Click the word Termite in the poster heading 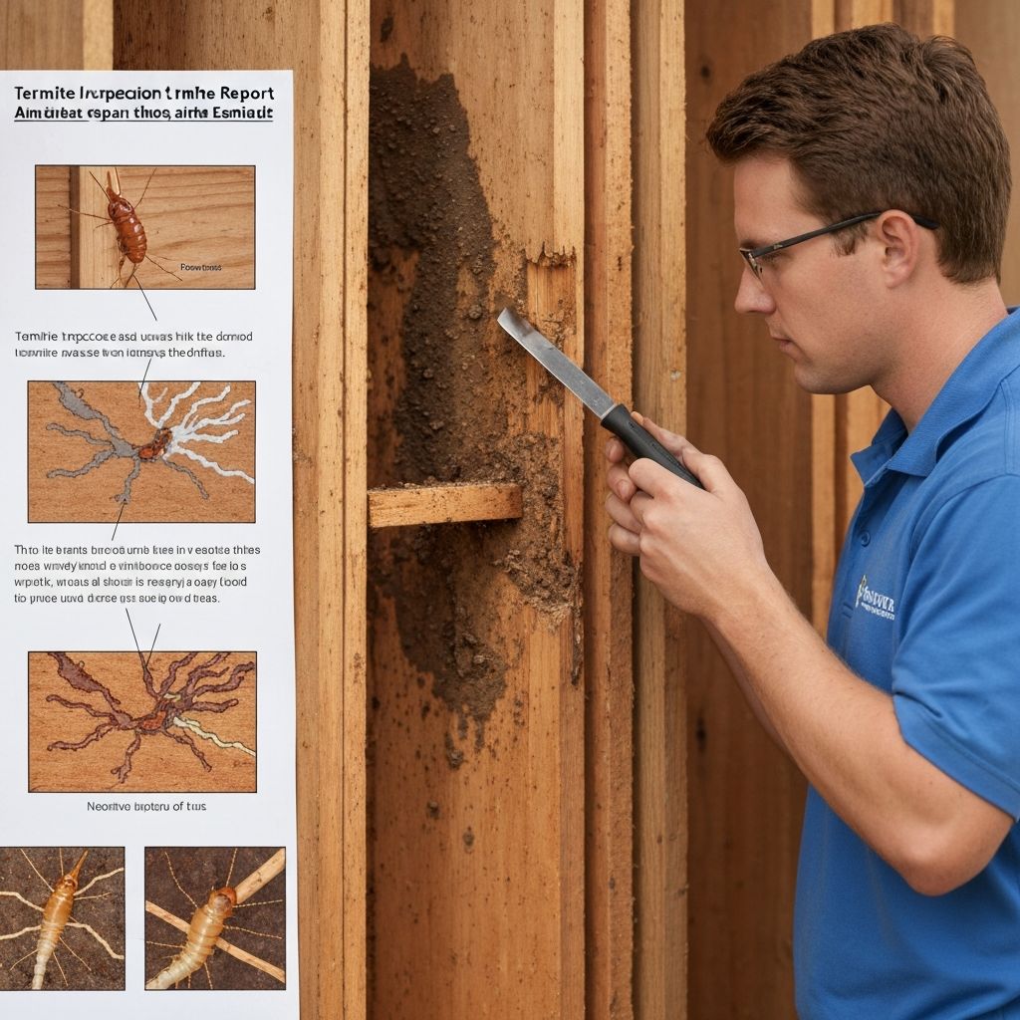point(46,92)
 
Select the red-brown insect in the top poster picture point(126,225)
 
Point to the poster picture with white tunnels point(141,451)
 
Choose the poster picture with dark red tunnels point(141,720)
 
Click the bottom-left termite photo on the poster point(62,917)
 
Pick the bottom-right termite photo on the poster point(215,917)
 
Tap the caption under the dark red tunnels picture point(146,806)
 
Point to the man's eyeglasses point(797,244)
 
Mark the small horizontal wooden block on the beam point(444,505)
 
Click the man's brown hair point(867,129)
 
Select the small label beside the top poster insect point(201,267)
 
